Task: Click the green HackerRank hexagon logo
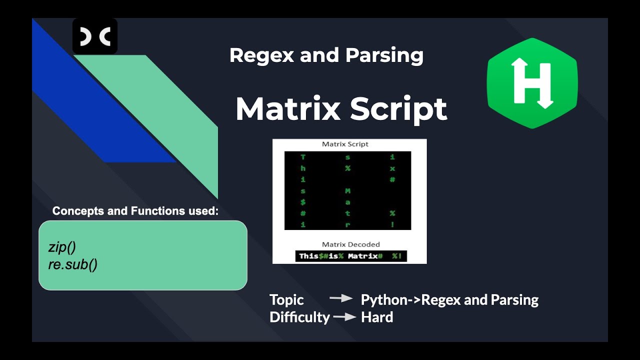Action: (532, 83)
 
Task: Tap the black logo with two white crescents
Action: (95, 36)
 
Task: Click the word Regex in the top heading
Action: (261, 55)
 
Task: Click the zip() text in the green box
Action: (62, 247)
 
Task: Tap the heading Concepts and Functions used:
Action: (135, 211)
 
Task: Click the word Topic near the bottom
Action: (286, 300)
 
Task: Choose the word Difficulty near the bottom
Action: (299, 317)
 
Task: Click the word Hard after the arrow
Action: (377, 317)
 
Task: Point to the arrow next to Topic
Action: (341, 298)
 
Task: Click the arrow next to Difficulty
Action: (345, 316)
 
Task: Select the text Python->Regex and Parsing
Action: (449, 300)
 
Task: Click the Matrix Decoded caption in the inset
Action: (350, 244)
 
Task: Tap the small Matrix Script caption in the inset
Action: (345, 144)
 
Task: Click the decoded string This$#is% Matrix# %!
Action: (350, 256)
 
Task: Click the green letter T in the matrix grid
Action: (302, 157)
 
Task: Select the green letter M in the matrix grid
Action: (347, 191)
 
